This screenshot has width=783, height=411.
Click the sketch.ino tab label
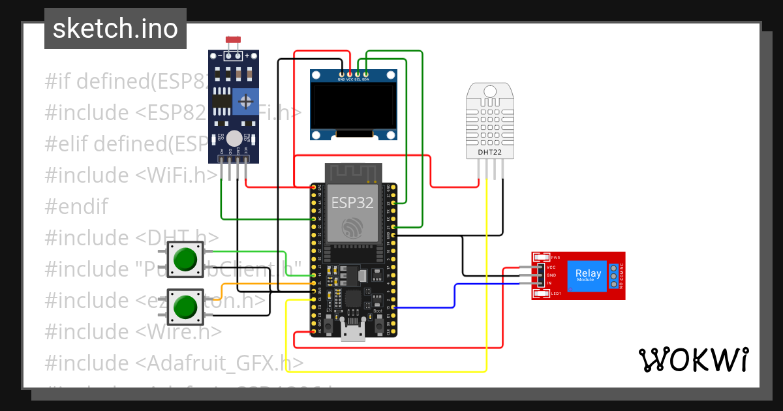[115, 29]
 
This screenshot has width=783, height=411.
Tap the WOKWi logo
[693, 360]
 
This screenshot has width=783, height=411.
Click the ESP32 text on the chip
[352, 202]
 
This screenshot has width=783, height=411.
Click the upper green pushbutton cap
[186, 258]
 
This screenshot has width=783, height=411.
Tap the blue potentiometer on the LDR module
[245, 101]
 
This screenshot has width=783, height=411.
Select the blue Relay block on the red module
[589, 276]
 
